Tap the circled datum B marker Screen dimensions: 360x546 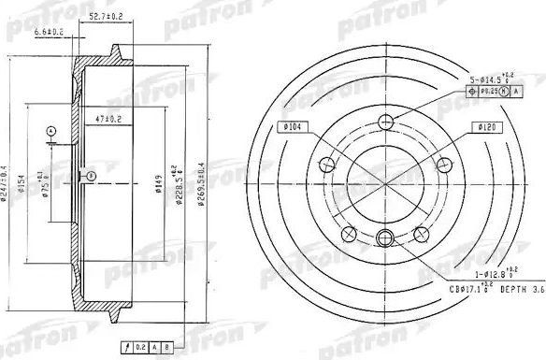90,174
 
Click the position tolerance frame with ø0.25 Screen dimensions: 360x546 491,92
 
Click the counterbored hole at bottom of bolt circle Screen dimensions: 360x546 383,238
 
